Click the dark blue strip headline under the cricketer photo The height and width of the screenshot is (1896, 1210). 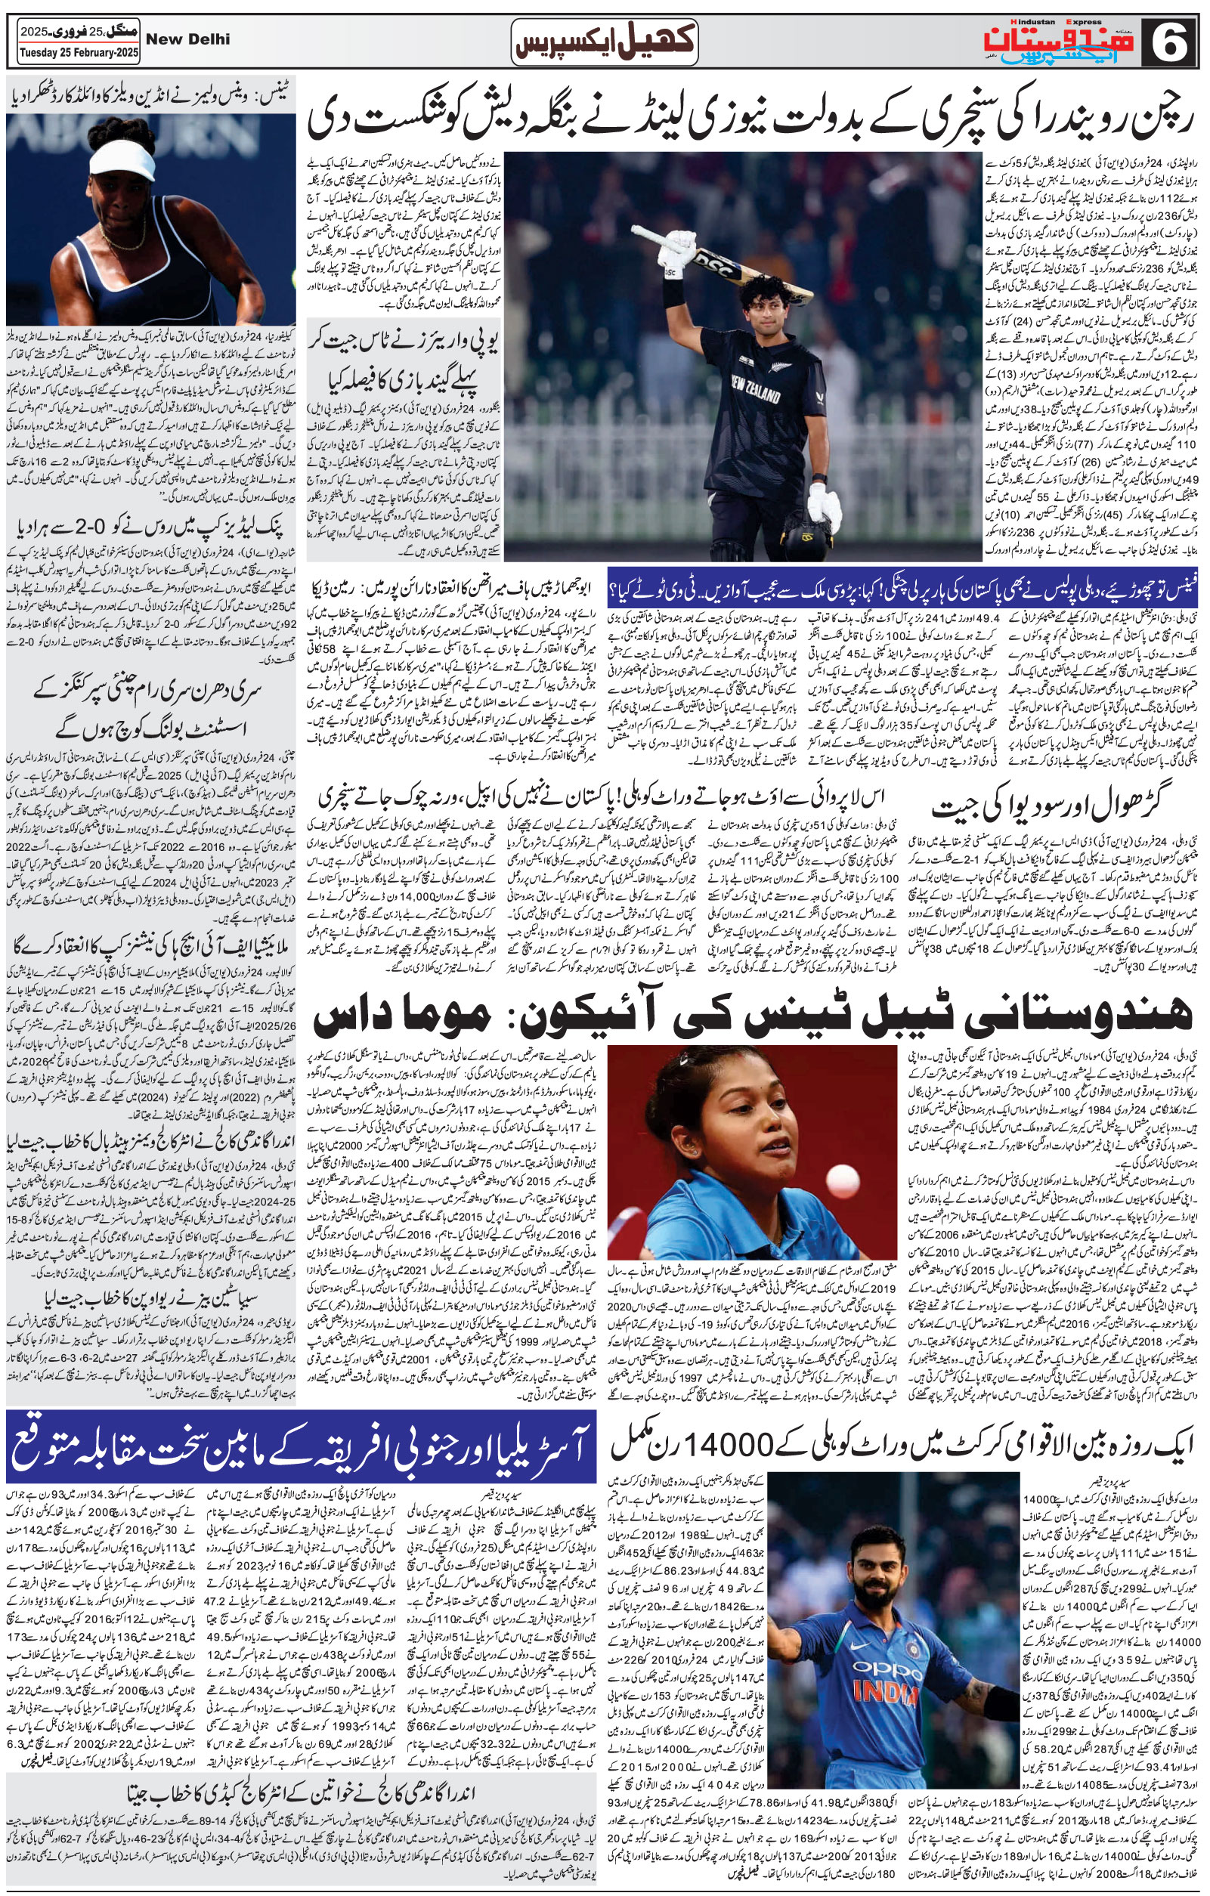tap(904, 586)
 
